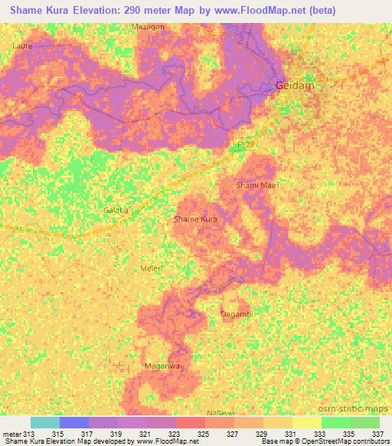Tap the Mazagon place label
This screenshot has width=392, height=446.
149,27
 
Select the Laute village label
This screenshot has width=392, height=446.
24,46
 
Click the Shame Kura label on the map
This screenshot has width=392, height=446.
198,219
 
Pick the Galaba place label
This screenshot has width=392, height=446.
117,209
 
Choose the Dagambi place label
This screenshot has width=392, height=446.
237,314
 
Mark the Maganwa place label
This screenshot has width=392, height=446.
162,366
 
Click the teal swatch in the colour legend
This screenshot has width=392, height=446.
44,422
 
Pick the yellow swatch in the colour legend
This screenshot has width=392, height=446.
306,422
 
